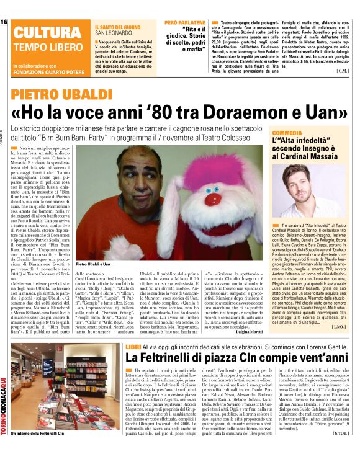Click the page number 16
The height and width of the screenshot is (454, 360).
tap(4, 22)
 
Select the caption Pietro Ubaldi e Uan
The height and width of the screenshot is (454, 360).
tap(94, 246)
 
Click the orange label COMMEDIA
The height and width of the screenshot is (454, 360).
tap(286, 133)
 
